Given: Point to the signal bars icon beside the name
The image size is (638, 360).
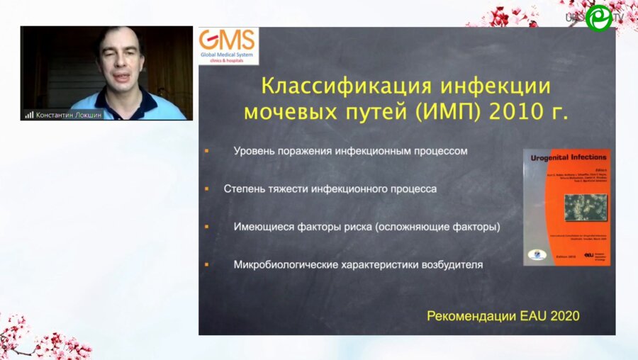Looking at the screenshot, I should (29, 114).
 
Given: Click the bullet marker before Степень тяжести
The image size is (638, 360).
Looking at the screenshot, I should (206, 189).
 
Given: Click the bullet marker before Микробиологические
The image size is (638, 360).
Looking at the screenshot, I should (206, 264).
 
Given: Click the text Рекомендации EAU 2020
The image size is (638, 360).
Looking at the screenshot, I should (503, 315).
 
